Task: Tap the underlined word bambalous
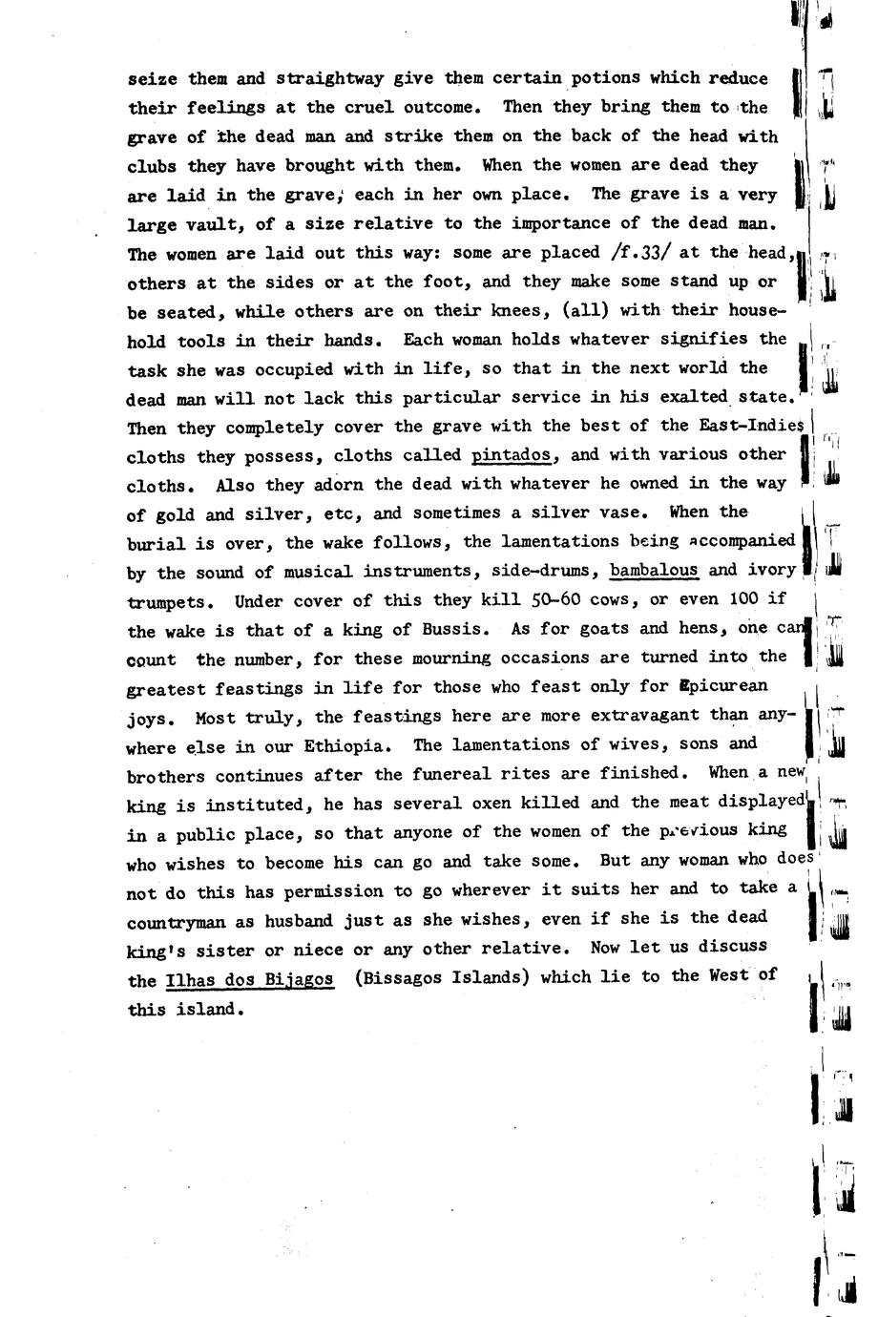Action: (x=654, y=571)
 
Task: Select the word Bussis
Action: (x=458, y=629)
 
